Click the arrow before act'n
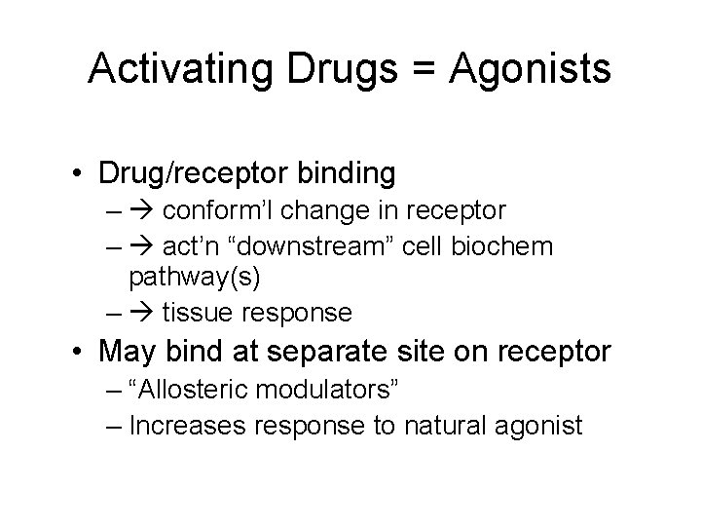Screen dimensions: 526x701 [x=144, y=247]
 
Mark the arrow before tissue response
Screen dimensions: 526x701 [x=144, y=314]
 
